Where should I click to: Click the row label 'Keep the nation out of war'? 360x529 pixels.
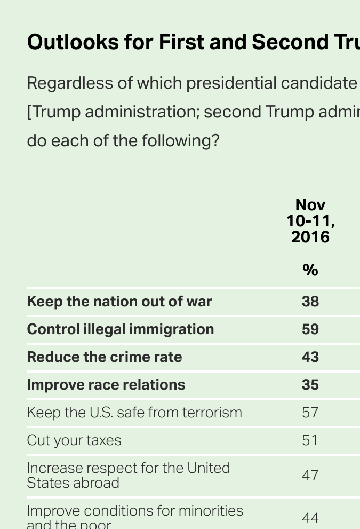[x=119, y=302]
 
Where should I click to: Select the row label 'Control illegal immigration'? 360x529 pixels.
[x=121, y=329]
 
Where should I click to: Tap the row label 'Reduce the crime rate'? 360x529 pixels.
[x=105, y=357]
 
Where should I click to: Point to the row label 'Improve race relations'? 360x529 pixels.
[x=106, y=385]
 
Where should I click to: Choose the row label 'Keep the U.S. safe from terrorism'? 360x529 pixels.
[x=134, y=413]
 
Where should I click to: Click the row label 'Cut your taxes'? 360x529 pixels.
[x=74, y=440]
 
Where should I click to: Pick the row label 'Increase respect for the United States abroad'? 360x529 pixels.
[x=128, y=475]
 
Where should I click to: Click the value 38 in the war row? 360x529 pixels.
[x=310, y=302]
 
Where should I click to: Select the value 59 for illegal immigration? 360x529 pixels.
[x=310, y=329]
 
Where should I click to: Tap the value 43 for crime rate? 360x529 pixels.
[x=310, y=357]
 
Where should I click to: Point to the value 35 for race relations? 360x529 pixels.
[x=310, y=385]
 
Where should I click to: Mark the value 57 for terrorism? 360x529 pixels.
[x=310, y=413]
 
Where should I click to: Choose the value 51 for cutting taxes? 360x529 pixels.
[x=310, y=440]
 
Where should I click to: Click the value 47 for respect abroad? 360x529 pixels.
[x=310, y=475]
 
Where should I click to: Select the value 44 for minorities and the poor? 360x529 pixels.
[x=310, y=518]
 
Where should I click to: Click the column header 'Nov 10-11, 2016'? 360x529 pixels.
[x=310, y=220]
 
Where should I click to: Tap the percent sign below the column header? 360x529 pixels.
[x=310, y=270]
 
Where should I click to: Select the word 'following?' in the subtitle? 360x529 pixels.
[x=180, y=141]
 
